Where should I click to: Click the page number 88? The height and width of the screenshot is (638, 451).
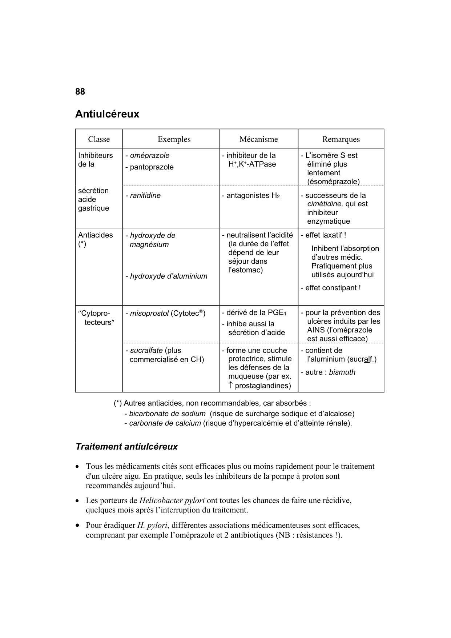click(80, 92)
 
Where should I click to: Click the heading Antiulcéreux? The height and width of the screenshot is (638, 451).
click(107, 114)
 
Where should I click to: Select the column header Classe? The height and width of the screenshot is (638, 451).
click(99, 139)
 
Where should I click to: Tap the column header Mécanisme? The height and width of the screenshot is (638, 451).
click(258, 139)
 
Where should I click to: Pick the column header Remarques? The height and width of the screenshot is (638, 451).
click(341, 139)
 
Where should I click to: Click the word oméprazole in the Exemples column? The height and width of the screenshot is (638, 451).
click(150, 156)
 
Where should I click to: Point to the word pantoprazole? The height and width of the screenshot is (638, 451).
click(152, 167)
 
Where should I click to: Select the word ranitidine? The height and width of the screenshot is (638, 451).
click(145, 196)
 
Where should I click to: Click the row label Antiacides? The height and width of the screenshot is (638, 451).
click(96, 235)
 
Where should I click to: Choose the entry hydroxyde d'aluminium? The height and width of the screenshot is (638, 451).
click(168, 276)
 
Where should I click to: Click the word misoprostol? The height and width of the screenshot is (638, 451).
click(149, 314)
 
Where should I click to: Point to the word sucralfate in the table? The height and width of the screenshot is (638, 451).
click(146, 351)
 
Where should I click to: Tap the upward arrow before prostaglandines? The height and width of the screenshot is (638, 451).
click(231, 386)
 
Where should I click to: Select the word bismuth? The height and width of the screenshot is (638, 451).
click(342, 372)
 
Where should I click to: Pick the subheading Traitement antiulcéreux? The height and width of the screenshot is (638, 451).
click(126, 447)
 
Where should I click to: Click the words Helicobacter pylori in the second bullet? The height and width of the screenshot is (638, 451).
click(172, 501)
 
